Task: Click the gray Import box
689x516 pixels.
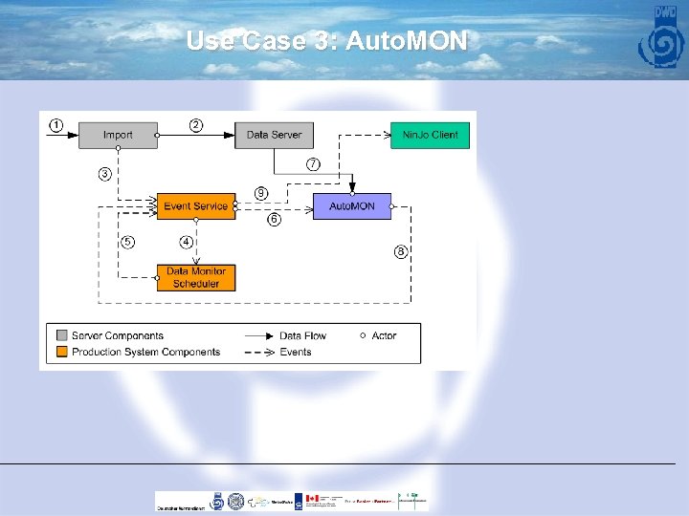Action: tap(118, 135)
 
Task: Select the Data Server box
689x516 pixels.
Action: tap(274, 135)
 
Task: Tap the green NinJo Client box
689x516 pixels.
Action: tap(430, 135)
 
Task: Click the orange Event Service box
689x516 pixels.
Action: tap(195, 206)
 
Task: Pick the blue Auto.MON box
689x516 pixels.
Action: tap(351, 206)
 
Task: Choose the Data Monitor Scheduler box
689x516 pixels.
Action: tap(195, 277)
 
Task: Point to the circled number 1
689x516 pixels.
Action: tap(56, 125)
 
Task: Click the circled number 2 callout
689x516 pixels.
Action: tap(195, 125)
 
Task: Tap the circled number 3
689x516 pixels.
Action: tap(103, 174)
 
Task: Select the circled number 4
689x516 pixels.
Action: tap(187, 242)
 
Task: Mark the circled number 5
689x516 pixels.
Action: tap(127, 242)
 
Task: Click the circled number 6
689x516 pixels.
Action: tap(274, 220)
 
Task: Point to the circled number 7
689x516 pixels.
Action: tap(313, 164)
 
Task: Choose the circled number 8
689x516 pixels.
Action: tap(401, 251)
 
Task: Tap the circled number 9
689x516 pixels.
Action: tap(260, 193)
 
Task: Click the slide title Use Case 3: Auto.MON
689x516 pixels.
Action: tap(326, 41)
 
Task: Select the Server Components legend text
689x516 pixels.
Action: tap(117, 335)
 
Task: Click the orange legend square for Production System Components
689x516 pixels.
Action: tap(61, 352)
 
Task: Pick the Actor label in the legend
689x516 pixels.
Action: tap(383, 335)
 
